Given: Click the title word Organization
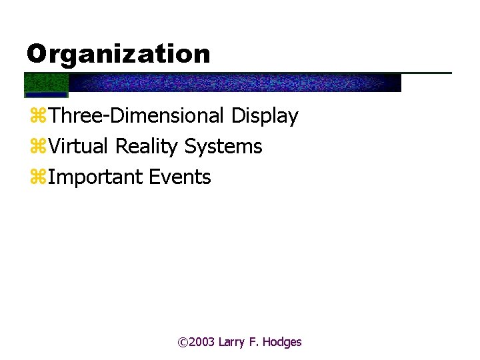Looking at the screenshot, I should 118,54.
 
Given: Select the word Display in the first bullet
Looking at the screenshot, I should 265,116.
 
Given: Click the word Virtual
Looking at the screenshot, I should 79,146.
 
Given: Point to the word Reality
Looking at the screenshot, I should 147,147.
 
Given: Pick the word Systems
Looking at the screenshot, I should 223,147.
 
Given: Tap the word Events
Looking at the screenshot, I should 180,177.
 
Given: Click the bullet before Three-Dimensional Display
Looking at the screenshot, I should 37,117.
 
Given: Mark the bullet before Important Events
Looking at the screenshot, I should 37,178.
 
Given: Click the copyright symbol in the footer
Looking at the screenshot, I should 183,342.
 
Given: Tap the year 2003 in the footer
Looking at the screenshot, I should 202,342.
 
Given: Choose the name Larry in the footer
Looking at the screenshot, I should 233,343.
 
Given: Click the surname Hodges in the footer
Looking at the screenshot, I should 282,342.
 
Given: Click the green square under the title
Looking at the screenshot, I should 46,83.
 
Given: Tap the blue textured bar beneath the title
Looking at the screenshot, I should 233,83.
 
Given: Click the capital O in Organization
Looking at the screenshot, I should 37,54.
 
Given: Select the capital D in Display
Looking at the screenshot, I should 239,116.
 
